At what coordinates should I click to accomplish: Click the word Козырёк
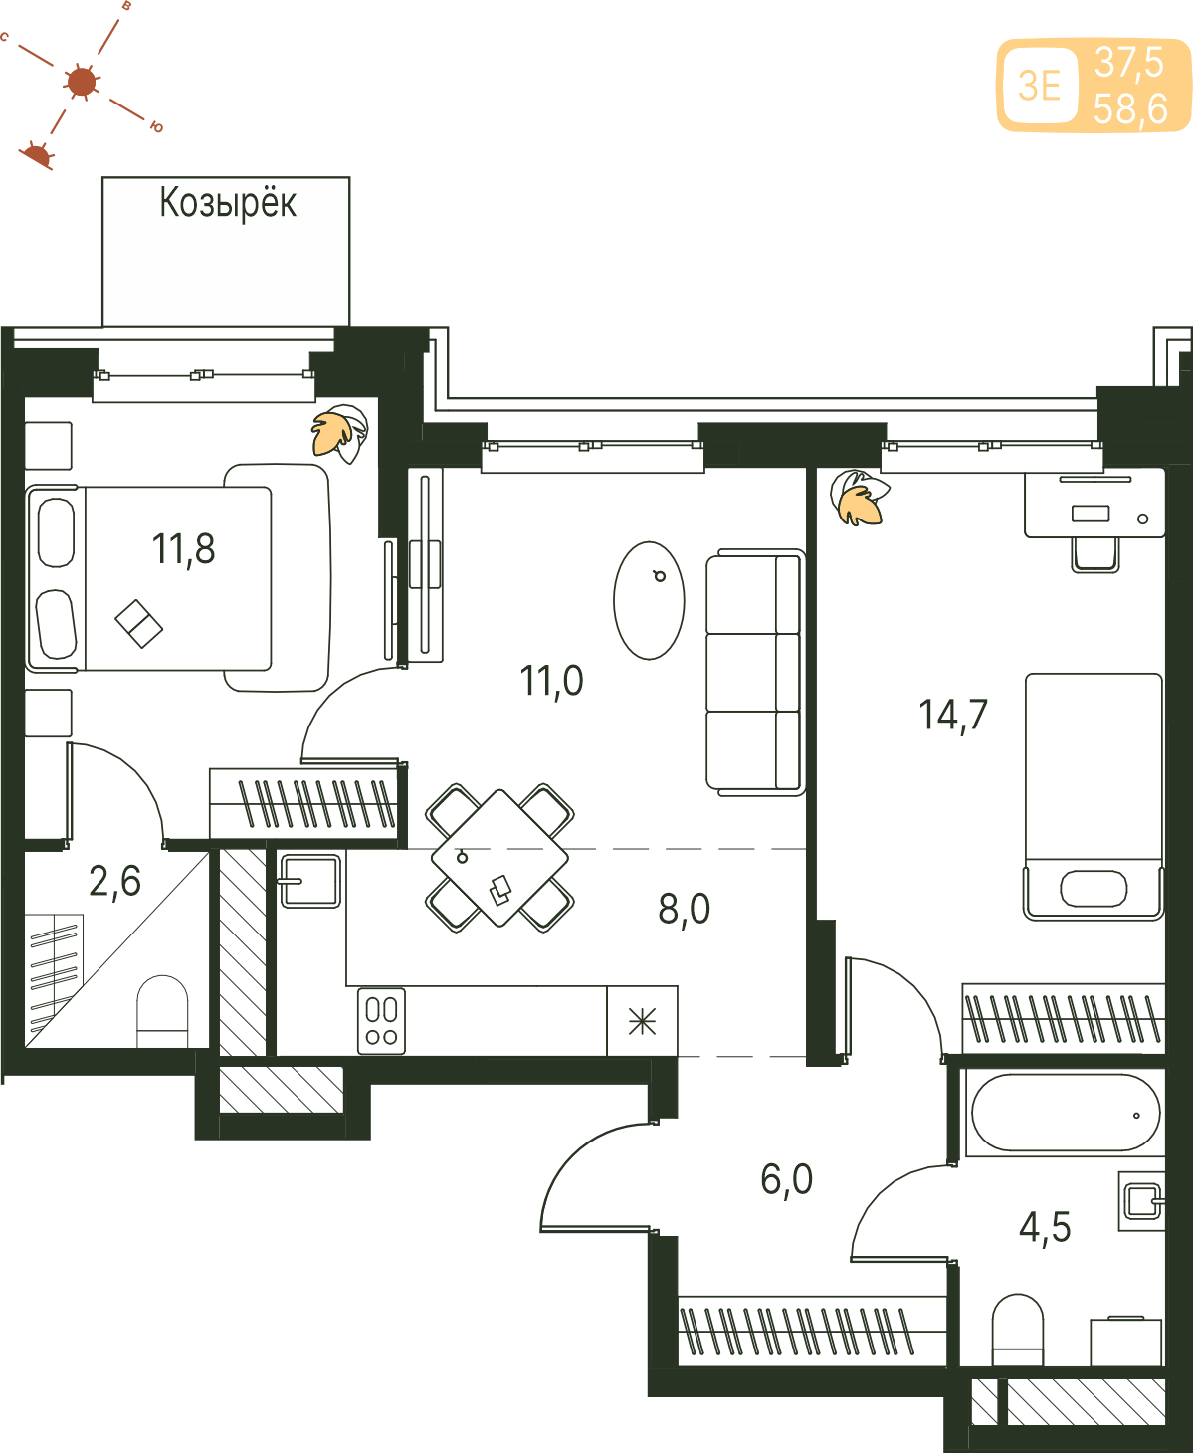228,204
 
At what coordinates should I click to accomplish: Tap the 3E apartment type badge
1040,87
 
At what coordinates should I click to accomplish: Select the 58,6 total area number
1130,109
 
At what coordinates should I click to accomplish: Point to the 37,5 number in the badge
1129,62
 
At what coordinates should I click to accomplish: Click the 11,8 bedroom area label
183,549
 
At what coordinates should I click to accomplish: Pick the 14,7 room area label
953,715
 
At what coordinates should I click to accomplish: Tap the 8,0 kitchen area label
684,909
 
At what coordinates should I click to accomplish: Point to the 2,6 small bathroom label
115,881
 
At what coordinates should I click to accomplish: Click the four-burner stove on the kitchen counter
382,1021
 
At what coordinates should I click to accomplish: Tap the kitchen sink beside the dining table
310,881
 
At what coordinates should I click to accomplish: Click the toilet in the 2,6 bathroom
162,1011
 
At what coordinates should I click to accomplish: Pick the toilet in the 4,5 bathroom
1018,1330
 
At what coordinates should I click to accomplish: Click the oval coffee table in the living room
649,600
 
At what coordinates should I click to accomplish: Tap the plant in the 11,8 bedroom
340,433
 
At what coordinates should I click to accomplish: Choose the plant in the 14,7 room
860,499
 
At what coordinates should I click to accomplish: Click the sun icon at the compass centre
82,82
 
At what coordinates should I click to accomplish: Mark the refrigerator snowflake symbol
642,1021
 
